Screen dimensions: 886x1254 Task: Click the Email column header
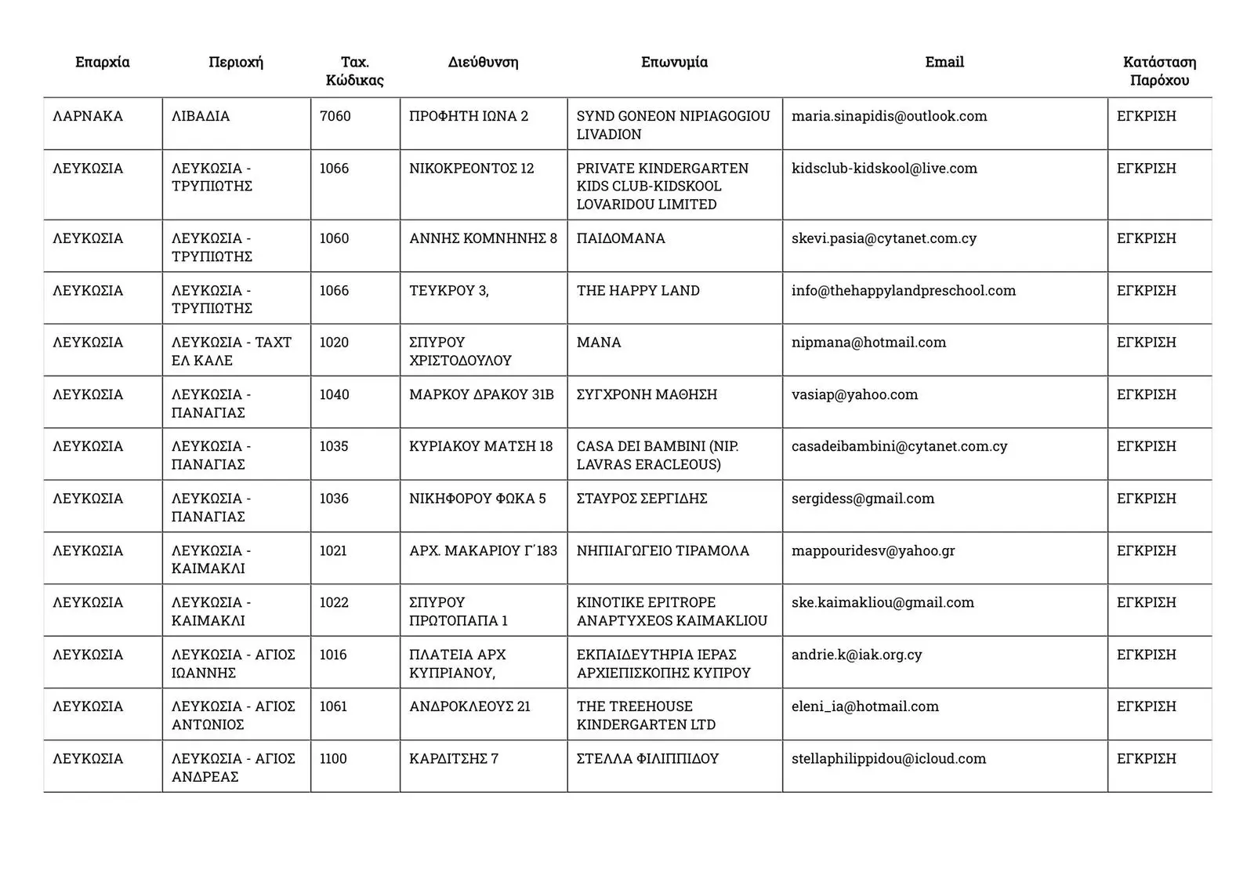point(944,62)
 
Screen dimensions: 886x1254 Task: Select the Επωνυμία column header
point(674,62)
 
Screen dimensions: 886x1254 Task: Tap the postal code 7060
point(335,116)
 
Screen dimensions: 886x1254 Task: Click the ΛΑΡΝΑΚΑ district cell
point(88,116)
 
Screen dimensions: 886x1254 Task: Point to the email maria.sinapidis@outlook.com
point(889,116)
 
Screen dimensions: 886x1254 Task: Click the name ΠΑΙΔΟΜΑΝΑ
point(621,238)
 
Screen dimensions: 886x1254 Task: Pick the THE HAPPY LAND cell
point(638,291)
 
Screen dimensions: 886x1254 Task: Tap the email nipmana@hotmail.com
point(868,343)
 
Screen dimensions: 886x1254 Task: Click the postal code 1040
point(334,394)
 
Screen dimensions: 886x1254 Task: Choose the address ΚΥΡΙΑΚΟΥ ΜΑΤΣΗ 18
point(480,446)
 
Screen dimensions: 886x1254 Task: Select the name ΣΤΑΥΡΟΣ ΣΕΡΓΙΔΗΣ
point(642,499)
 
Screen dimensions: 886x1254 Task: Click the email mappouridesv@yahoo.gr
point(873,550)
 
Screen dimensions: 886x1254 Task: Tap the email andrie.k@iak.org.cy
point(857,655)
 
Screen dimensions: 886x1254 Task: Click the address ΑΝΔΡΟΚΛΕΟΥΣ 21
point(469,706)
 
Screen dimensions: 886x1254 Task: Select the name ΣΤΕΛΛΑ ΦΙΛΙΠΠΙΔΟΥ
point(647,759)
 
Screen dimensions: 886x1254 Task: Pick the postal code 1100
point(333,759)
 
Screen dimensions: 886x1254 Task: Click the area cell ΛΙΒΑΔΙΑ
point(201,116)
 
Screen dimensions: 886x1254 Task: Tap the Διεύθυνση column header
point(483,62)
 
